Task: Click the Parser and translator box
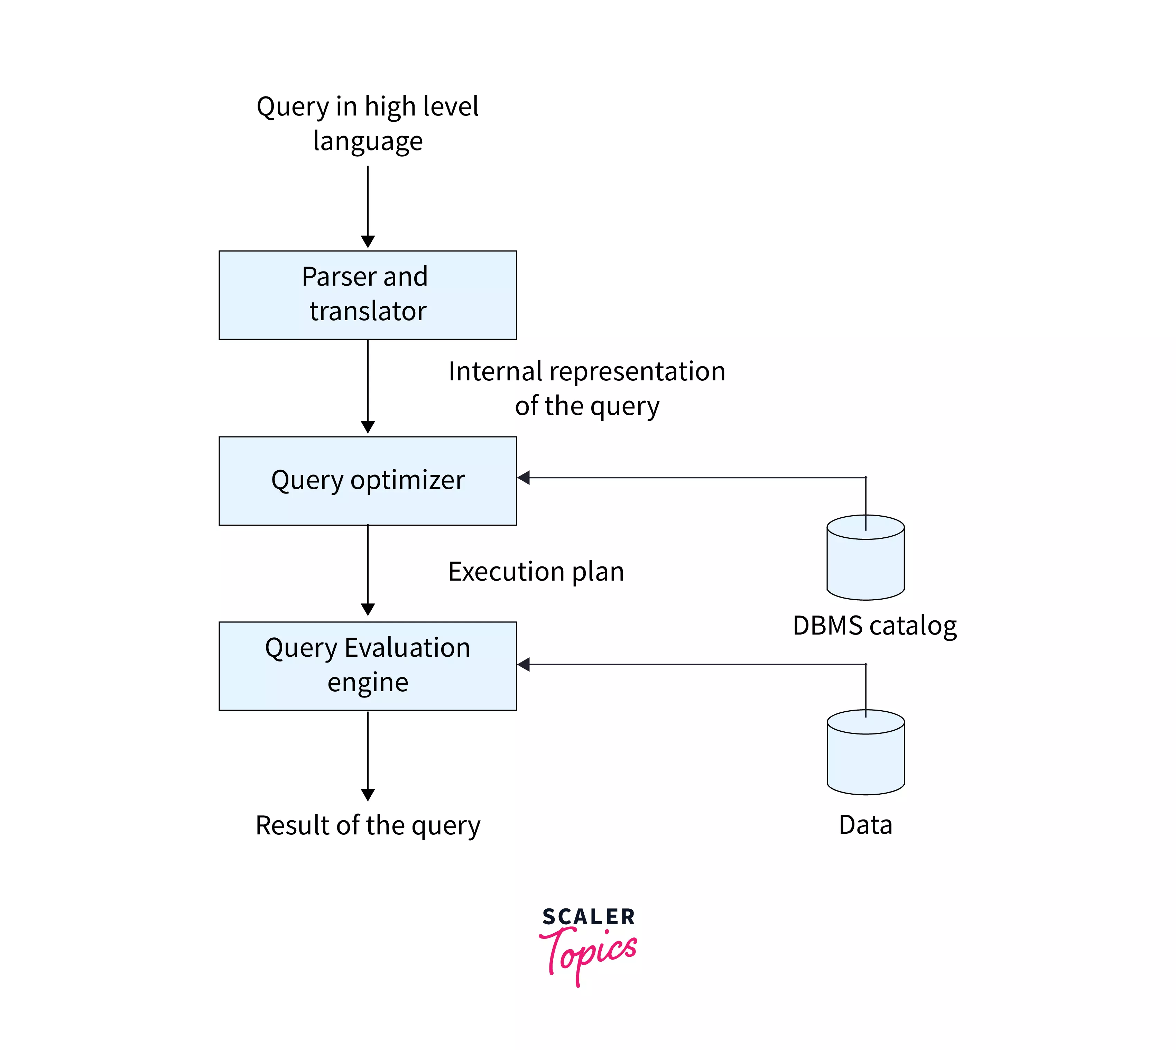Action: pyautogui.click(x=368, y=295)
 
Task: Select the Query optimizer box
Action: pyautogui.click(x=368, y=481)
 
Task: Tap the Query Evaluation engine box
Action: pyautogui.click(x=368, y=666)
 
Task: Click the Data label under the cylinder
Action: pyautogui.click(x=865, y=825)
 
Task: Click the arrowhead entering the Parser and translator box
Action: pyautogui.click(x=368, y=241)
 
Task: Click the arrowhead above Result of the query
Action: pyautogui.click(x=368, y=795)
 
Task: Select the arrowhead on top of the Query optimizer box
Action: pyautogui.click(x=368, y=427)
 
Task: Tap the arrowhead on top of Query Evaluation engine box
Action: pyautogui.click(x=368, y=609)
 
